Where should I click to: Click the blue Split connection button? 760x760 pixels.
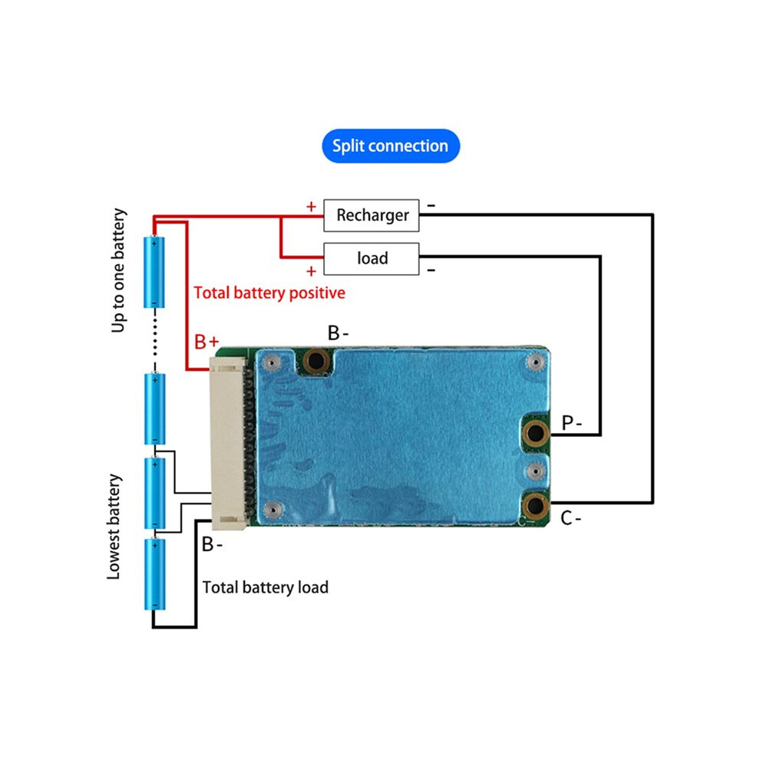391,146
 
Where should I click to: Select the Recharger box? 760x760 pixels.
372,215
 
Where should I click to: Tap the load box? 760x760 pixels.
372,259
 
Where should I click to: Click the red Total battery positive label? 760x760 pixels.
269,292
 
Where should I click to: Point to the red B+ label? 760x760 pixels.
207,342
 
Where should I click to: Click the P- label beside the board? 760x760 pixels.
571,423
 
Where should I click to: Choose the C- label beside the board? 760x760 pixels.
570,518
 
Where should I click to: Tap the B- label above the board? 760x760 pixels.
338,333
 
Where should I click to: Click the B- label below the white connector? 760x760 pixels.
212,544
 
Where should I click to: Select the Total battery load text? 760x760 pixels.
265,587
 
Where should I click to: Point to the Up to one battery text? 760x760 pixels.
118,270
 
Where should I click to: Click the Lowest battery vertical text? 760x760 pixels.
114,527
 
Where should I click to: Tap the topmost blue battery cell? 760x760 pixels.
154,272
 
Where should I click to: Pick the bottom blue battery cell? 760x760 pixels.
154,574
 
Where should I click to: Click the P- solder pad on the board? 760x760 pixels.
536,433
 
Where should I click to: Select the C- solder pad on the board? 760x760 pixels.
536,506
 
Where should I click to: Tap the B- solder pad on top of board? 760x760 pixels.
316,361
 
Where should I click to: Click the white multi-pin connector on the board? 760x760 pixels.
228,443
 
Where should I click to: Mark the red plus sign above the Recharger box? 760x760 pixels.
311,207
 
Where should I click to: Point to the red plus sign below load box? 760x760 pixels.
311,272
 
